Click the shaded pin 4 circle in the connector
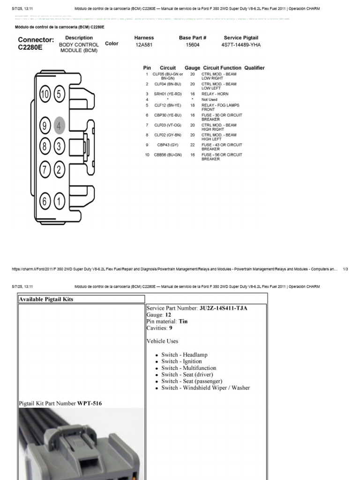59,126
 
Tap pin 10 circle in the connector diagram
45,95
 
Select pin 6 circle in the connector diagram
45,202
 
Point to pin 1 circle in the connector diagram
59,202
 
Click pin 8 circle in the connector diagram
45,146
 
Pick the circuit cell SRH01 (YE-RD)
167,94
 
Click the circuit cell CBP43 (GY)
167,145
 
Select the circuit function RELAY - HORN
215,94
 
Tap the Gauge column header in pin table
192,68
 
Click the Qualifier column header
254,68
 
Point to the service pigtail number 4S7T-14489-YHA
241,45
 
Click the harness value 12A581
144,45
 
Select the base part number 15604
192,45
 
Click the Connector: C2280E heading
36,43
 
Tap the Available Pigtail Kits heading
46,299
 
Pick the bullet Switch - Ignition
181,361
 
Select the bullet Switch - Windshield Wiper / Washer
205,388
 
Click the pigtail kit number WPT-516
90,403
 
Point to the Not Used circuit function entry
210,99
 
